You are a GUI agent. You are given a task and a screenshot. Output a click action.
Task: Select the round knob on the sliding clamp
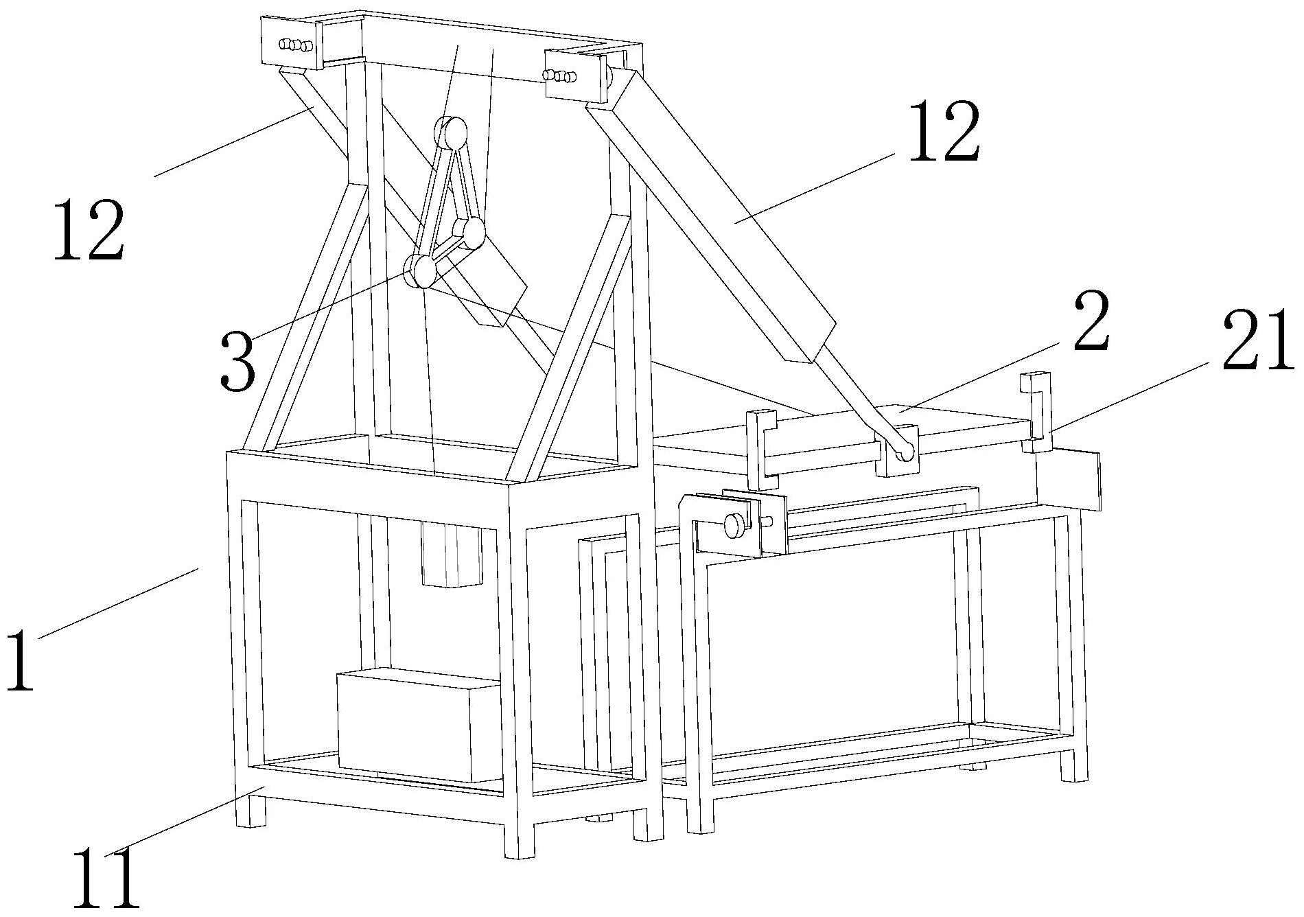735,526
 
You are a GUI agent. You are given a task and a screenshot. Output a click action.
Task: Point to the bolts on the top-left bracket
294,45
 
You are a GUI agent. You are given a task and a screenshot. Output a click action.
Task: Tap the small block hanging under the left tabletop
452,557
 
